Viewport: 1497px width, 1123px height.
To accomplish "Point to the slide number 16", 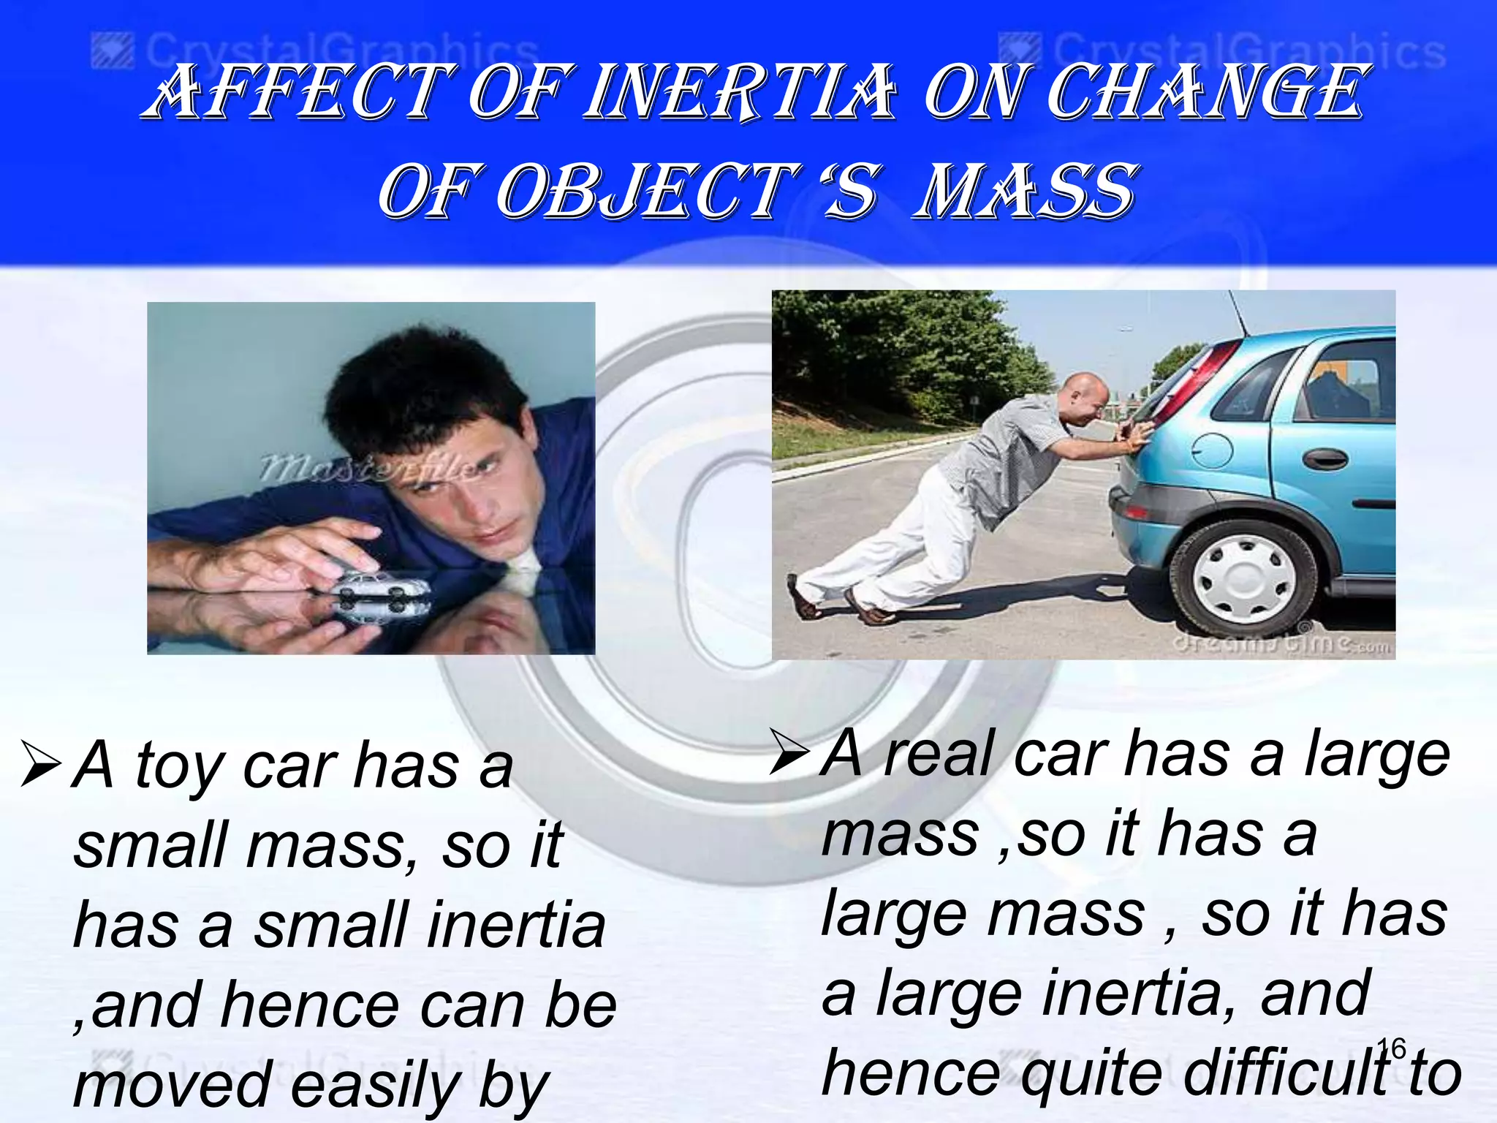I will [x=1391, y=1048].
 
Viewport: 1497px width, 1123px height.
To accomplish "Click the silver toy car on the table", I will [x=380, y=586].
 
